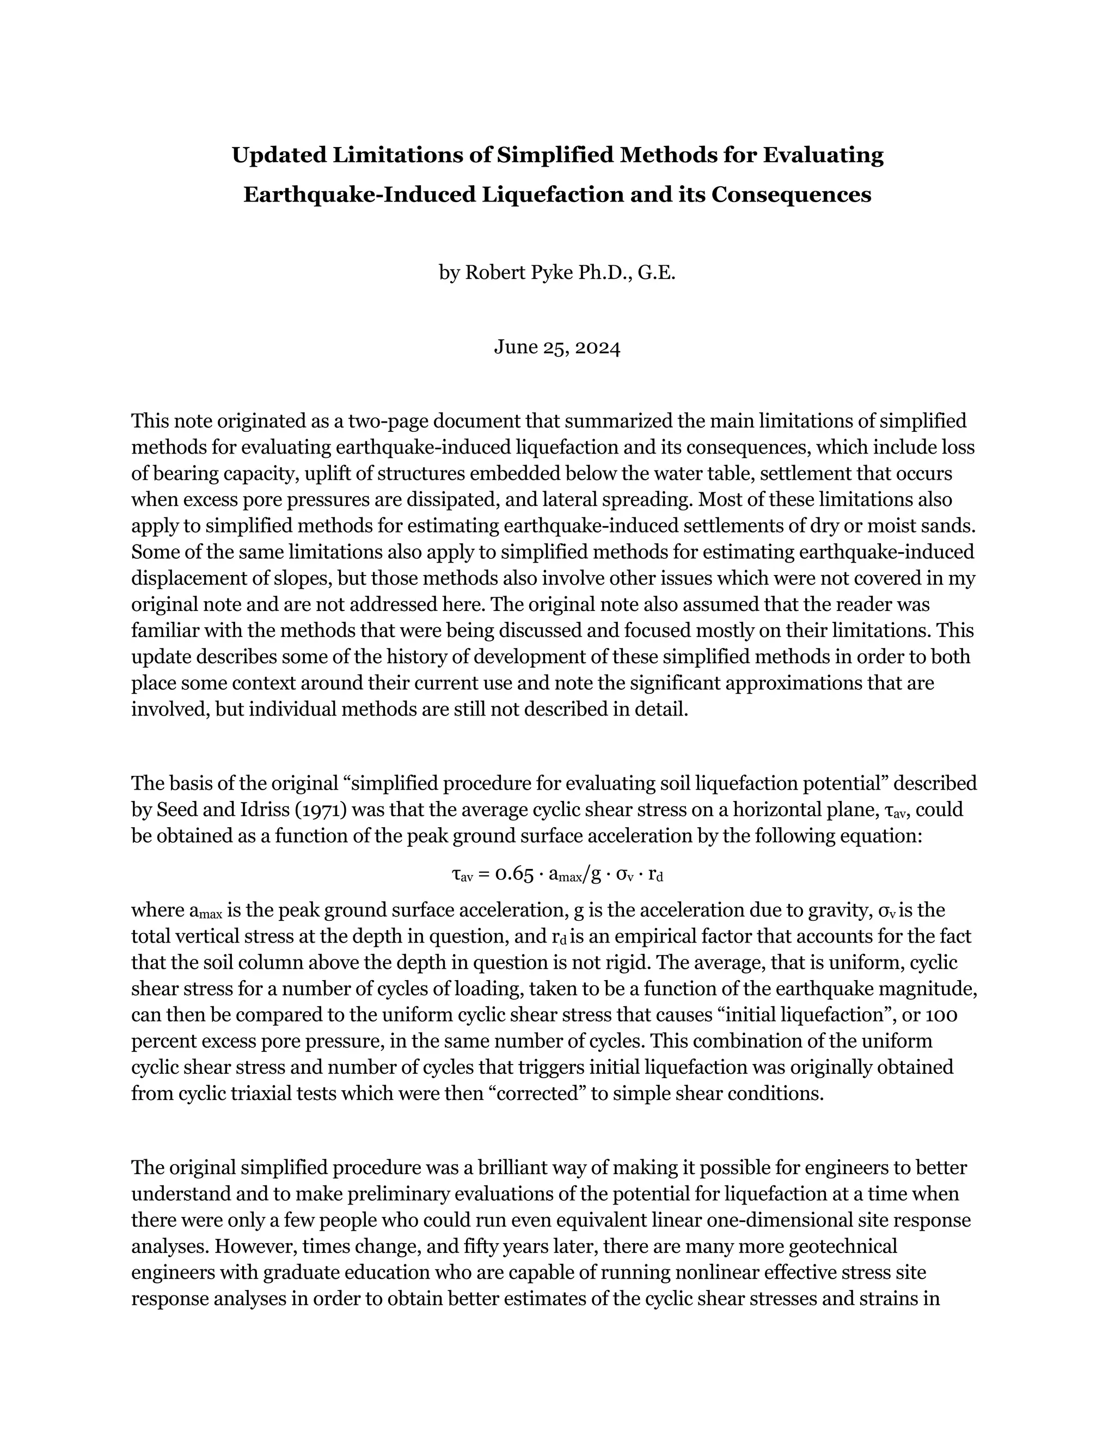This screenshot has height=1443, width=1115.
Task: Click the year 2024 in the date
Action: click(x=598, y=347)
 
